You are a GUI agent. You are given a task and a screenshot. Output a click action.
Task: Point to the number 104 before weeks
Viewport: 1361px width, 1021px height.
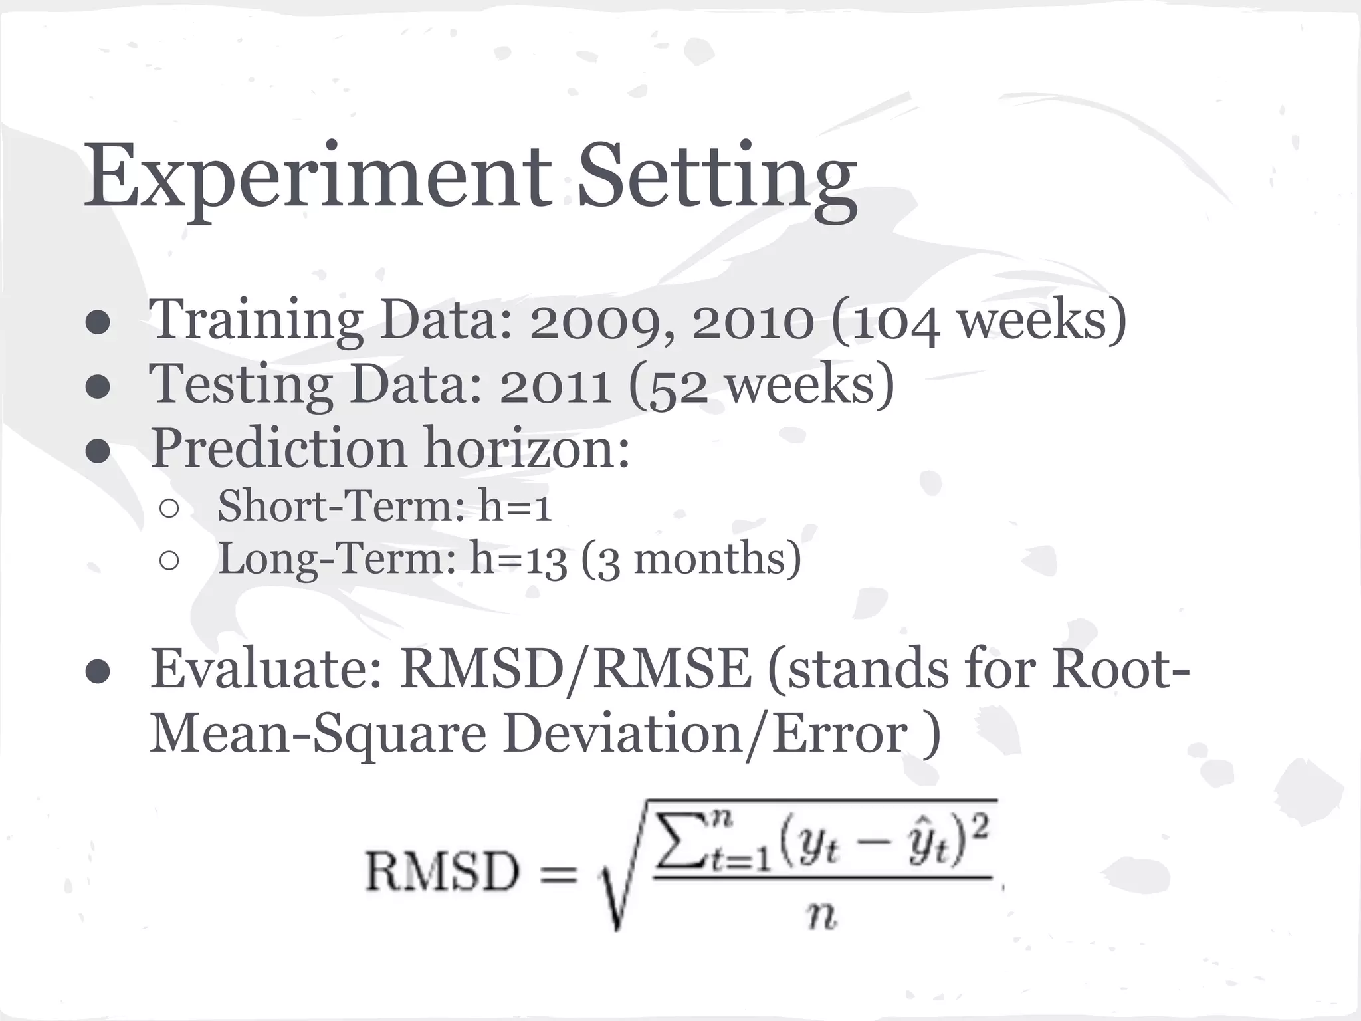pos(896,322)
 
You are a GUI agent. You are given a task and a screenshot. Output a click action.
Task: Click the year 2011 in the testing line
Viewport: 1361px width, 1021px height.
pos(556,386)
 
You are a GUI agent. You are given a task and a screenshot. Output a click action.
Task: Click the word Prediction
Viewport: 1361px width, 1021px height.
pos(278,448)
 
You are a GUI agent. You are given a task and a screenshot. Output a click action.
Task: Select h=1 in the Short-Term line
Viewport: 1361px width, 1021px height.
pos(515,506)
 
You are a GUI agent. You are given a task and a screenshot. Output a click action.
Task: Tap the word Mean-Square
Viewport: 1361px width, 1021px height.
pos(318,735)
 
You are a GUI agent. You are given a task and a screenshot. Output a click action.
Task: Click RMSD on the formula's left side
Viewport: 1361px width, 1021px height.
pos(442,872)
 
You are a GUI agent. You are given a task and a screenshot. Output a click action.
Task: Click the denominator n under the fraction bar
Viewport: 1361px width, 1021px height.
pos(821,917)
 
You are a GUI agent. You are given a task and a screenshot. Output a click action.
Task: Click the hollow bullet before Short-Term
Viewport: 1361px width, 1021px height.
pos(169,509)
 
